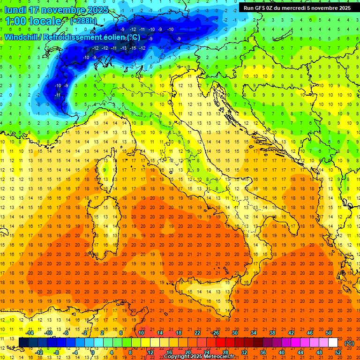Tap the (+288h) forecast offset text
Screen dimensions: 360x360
83,21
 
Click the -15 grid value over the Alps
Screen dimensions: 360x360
134,48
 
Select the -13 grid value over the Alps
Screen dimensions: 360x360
124,48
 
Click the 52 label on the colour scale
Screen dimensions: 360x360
338,352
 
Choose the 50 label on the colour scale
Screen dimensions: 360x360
329,333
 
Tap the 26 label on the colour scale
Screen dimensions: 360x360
216,333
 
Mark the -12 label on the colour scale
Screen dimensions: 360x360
40,352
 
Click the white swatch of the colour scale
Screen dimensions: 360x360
333,342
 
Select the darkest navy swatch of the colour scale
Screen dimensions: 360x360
23,342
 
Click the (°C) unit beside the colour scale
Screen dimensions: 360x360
349,343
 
